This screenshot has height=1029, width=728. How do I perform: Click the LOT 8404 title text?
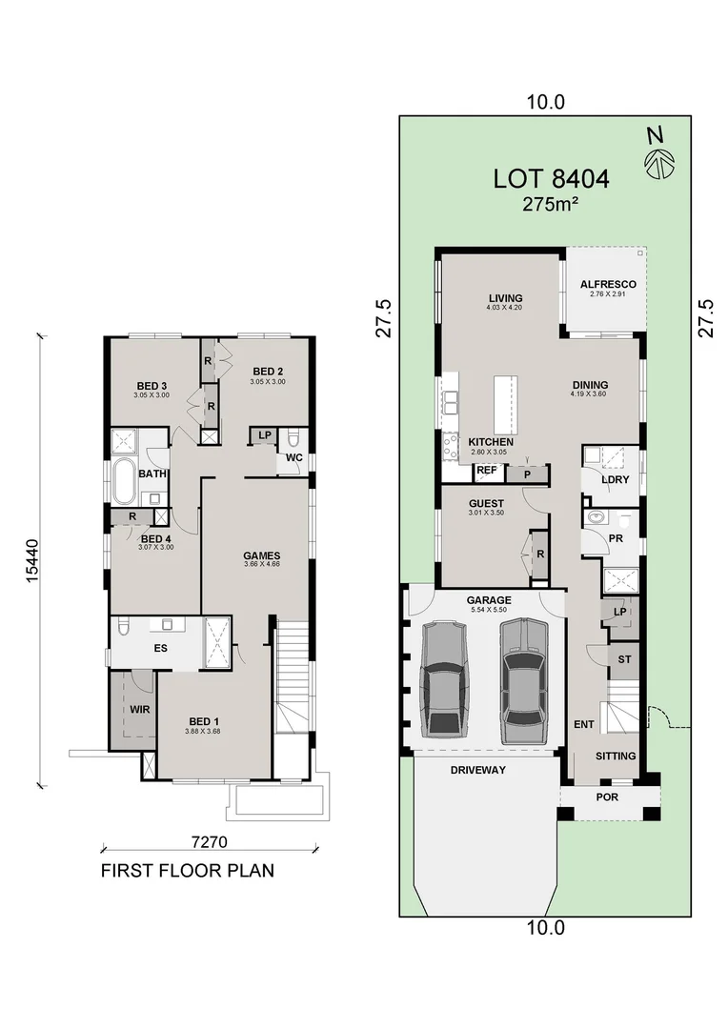[551, 178]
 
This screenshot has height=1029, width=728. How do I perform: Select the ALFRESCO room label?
[607, 284]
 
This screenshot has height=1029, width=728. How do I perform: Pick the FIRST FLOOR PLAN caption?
[188, 871]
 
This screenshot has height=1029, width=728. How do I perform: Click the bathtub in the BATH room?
[125, 482]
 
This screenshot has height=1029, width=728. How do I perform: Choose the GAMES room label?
[261, 555]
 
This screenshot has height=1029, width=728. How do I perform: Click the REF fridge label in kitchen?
[486, 471]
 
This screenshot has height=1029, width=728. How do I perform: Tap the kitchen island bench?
[503, 404]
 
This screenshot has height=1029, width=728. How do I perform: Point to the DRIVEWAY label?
[479, 769]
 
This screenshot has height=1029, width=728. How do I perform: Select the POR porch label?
[606, 797]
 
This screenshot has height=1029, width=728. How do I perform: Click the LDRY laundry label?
[616, 479]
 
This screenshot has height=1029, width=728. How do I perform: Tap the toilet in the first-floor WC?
[293, 439]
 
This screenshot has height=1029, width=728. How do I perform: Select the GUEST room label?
[486, 503]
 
